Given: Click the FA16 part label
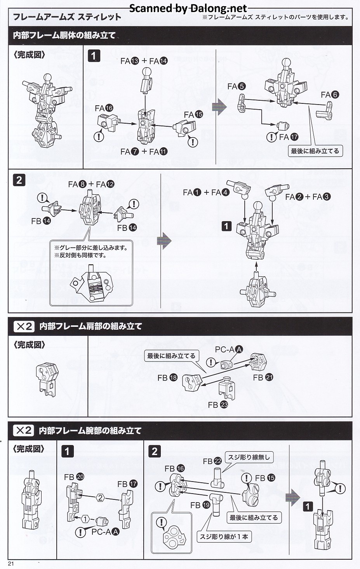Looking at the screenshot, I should (104, 108).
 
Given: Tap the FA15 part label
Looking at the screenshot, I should (194, 114).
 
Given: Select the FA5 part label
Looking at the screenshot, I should (237, 86).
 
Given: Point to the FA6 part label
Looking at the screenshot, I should (330, 94).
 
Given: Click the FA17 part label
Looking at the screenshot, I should (289, 137).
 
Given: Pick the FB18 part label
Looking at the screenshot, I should (167, 377).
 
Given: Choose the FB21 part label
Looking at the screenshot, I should (263, 377).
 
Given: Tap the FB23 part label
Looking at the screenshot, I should (218, 405).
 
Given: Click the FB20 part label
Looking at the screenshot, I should (74, 477).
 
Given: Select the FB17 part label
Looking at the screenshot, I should (127, 484).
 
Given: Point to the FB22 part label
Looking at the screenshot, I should (212, 461).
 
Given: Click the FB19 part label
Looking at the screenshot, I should (200, 505).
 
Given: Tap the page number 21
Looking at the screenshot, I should (10, 564).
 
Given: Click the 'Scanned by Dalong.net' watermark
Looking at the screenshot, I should (188, 8).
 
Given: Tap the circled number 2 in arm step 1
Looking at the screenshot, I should (100, 498).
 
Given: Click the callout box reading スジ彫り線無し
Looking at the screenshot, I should (249, 457).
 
